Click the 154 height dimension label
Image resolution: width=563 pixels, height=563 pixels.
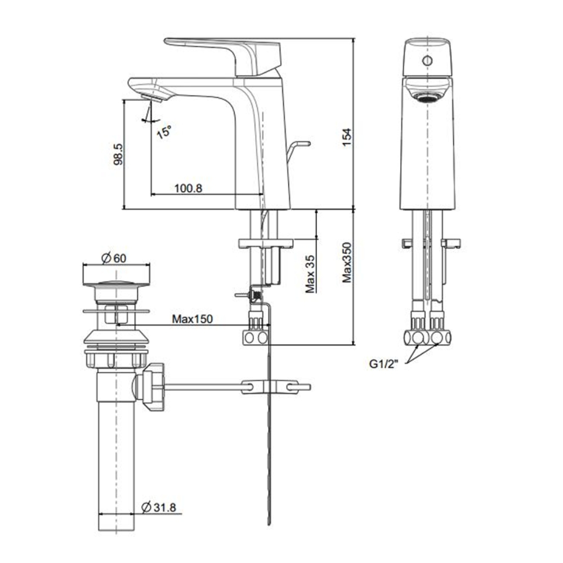click(347, 138)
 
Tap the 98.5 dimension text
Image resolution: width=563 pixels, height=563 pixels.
click(117, 154)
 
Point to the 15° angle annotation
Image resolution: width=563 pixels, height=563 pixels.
click(163, 132)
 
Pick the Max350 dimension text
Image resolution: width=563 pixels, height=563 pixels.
click(347, 262)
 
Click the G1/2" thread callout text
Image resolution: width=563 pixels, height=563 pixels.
click(383, 364)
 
